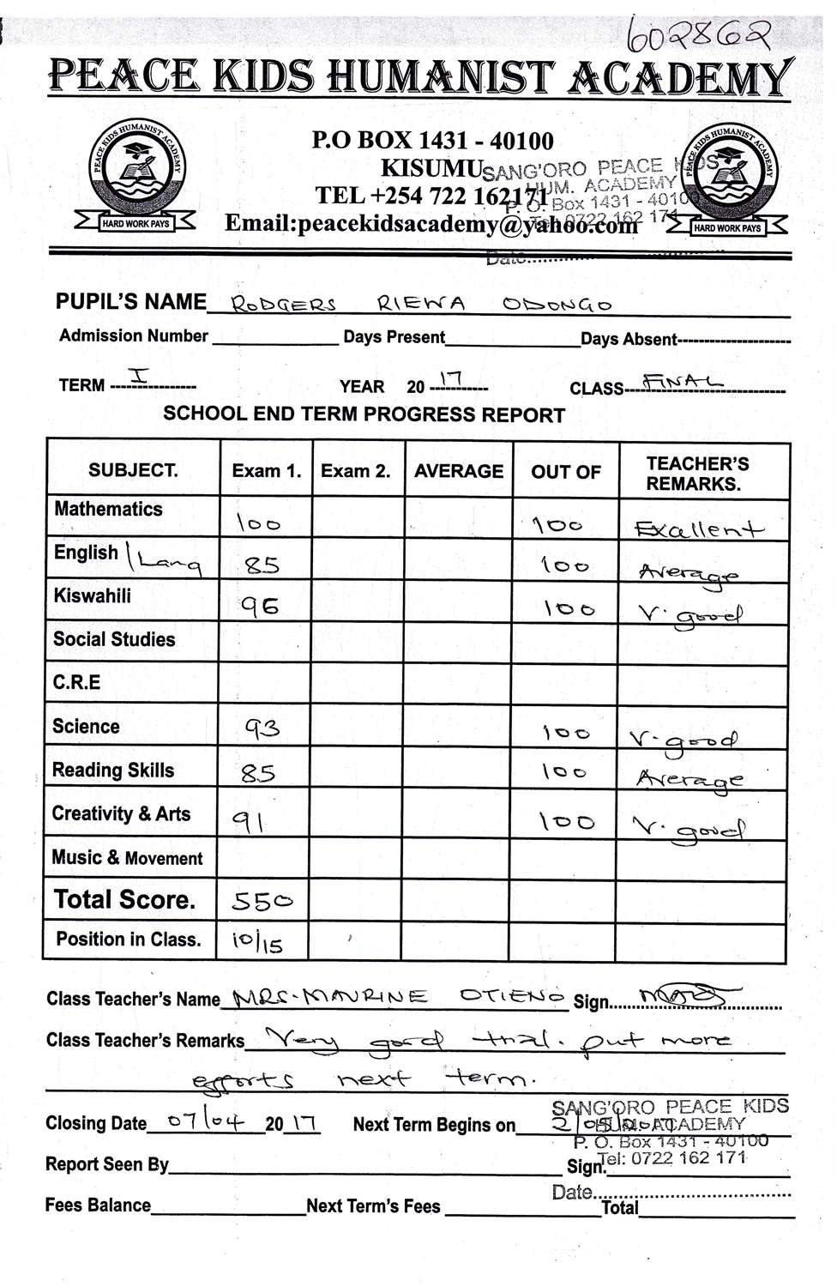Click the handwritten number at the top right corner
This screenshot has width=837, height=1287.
(699, 33)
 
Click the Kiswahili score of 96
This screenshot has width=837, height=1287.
(260, 607)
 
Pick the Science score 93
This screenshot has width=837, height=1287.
(262, 729)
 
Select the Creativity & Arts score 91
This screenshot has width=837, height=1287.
(250, 822)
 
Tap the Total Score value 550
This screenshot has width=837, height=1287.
(261, 901)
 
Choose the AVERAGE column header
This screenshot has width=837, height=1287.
(458, 471)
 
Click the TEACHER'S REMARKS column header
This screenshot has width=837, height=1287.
(697, 473)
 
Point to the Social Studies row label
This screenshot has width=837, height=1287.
(114, 639)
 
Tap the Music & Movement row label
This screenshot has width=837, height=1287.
(127, 858)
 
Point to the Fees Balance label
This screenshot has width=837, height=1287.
(98, 1205)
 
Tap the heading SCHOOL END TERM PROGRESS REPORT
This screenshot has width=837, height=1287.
(364, 414)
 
